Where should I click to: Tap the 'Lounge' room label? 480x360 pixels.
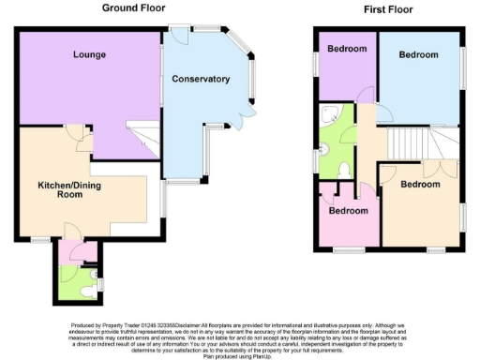pos(90,54)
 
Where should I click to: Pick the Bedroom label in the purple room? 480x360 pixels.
pos(347,49)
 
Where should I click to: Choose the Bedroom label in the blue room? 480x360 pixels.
pos(418,54)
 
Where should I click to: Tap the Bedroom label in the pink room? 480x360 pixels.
pos(348,210)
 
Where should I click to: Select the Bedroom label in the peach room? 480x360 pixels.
pos(419,184)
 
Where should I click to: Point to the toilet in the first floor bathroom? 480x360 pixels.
pos(343,168)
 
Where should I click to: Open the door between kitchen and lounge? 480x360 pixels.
pos(82,140)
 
